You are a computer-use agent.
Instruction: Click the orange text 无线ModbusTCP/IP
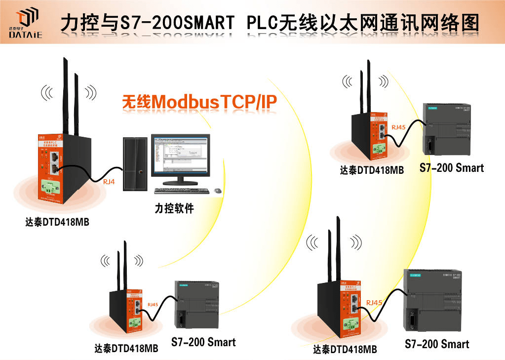(199, 101)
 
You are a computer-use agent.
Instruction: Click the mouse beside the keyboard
(217, 190)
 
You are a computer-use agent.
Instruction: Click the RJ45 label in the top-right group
(398, 127)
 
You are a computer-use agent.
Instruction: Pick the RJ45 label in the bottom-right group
(374, 302)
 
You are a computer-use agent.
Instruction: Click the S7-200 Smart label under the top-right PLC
(451, 168)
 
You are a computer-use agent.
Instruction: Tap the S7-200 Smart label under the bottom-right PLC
(436, 344)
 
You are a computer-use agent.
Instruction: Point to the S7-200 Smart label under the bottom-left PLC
(203, 342)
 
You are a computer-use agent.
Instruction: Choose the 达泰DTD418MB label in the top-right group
(372, 170)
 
